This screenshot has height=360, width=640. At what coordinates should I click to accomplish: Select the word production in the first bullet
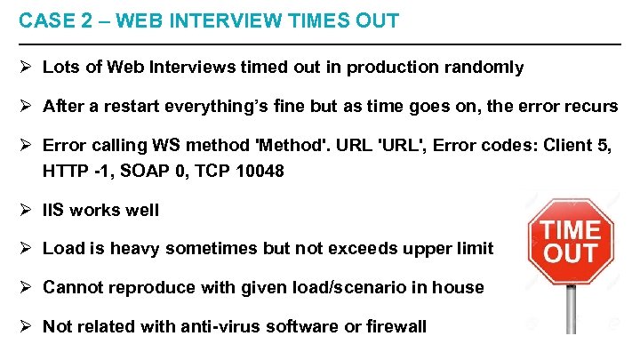(389, 68)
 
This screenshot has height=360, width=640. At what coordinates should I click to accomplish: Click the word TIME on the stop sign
(572, 230)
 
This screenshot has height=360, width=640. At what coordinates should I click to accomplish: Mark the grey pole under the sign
(572, 311)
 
